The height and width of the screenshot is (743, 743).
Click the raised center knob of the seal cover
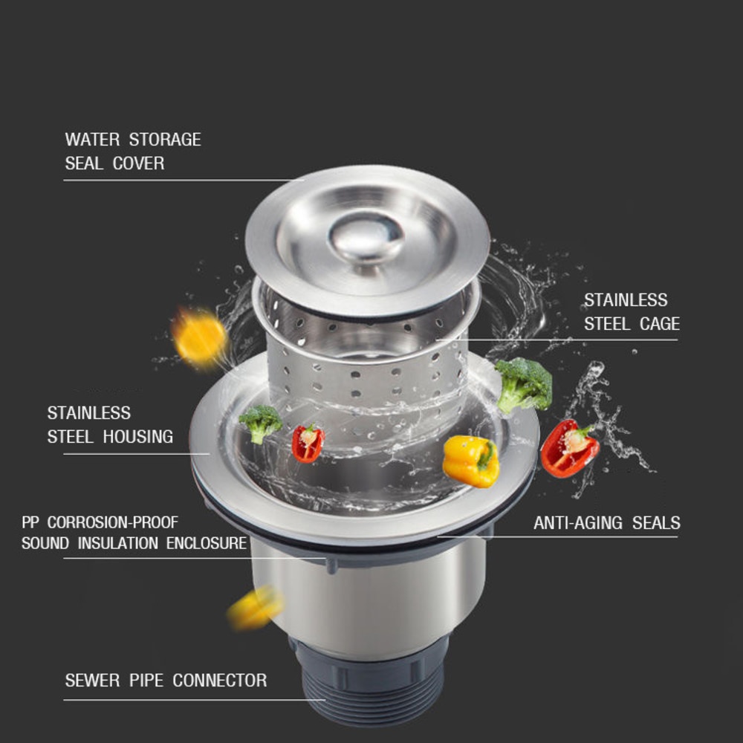[x=366, y=238]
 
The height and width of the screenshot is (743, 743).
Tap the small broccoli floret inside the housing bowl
[x=261, y=424]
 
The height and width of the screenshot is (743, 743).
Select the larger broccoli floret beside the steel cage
[x=524, y=384]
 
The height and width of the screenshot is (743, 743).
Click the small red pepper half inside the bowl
[x=308, y=444]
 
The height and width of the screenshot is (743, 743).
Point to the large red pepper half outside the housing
[x=569, y=448]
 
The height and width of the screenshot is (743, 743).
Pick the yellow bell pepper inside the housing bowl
[x=471, y=461]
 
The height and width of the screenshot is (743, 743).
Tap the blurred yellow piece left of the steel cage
[x=199, y=338]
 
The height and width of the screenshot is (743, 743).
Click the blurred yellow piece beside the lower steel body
[x=256, y=609]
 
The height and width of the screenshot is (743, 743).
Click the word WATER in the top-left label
[x=92, y=140]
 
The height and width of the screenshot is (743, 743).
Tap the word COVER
[x=138, y=163]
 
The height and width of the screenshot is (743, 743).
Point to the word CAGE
[x=660, y=324]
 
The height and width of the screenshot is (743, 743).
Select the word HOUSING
[x=138, y=437]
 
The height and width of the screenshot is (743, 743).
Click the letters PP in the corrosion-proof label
[x=30, y=522]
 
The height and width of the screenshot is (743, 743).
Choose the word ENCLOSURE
[x=207, y=543]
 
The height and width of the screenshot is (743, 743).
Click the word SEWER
[x=92, y=681]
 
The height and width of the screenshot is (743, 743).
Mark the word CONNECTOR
[x=219, y=681]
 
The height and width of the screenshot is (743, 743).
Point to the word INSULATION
[x=117, y=543]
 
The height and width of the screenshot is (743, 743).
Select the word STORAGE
[x=165, y=140]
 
